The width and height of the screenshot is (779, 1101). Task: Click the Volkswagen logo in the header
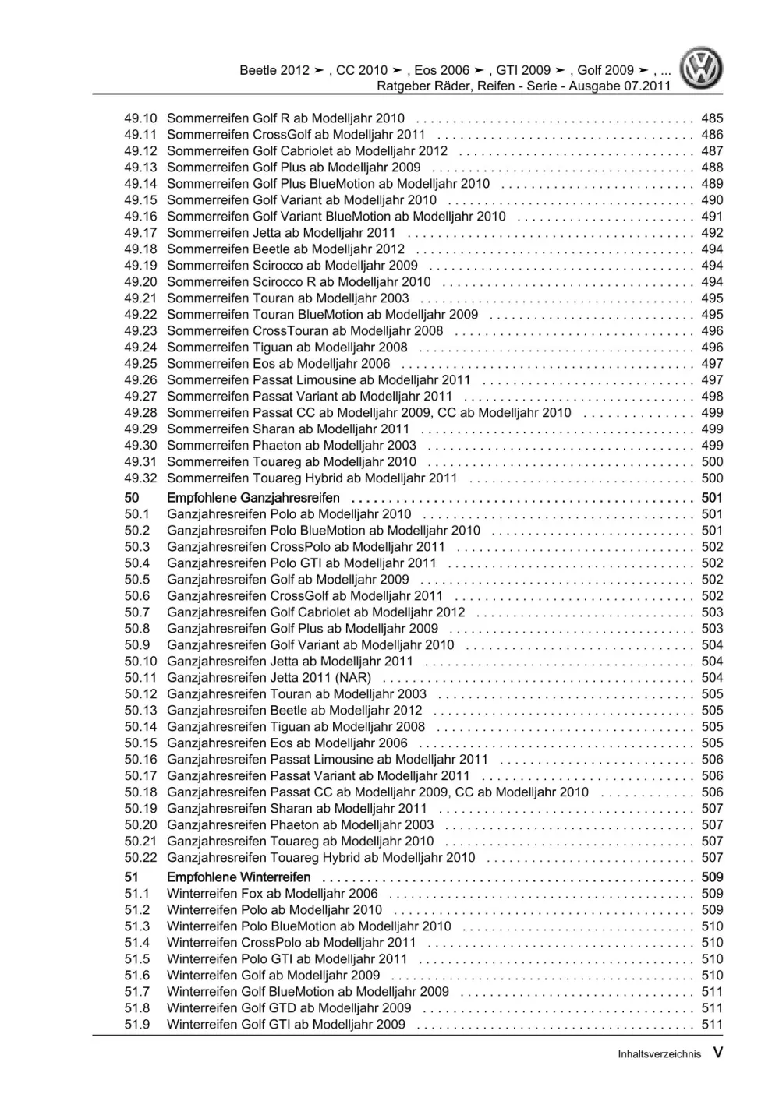(x=701, y=69)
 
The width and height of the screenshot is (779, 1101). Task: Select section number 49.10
(x=140, y=118)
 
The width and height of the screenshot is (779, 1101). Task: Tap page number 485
(x=712, y=118)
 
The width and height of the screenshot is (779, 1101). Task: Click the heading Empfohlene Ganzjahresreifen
(x=253, y=498)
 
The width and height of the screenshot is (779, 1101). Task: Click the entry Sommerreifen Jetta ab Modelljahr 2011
(x=281, y=233)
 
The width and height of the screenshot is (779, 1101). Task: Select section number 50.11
(x=140, y=678)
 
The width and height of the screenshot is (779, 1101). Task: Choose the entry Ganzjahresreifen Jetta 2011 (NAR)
(x=269, y=678)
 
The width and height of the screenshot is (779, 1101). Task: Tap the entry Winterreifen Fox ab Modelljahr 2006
(x=272, y=894)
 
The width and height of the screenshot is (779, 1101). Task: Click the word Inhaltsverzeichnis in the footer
(x=659, y=1054)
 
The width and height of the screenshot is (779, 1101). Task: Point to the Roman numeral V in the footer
(x=717, y=1053)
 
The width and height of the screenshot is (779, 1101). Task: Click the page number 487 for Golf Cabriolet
(x=712, y=151)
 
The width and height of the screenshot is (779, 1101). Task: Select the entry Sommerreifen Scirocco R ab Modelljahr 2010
(x=299, y=282)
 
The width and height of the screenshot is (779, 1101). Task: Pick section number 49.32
(x=140, y=478)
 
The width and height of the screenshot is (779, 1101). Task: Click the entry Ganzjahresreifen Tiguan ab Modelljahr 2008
(x=296, y=727)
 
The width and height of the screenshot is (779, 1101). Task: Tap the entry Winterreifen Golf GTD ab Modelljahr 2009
(x=289, y=1008)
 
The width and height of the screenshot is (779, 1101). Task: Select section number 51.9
(x=137, y=1025)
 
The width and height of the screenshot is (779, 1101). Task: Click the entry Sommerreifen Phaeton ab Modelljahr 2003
(x=292, y=446)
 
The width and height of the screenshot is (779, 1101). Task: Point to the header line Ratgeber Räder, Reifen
(x=523, y=86)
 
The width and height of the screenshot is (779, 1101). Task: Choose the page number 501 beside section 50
(x=712, y=498)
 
